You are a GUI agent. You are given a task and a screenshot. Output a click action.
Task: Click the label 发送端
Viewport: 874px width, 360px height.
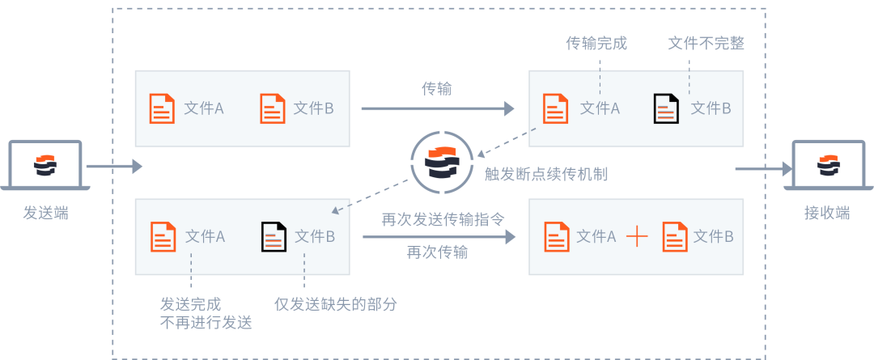45,213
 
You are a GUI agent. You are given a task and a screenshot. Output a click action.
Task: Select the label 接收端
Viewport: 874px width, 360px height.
827,213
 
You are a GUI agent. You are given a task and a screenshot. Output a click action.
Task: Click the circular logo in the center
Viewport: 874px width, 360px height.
442,162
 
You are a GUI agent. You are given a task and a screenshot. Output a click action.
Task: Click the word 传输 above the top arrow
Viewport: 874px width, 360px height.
437,88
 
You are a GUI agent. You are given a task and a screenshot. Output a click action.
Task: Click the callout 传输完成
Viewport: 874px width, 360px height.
596,44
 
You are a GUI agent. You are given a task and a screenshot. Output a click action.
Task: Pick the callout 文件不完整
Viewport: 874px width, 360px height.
706,44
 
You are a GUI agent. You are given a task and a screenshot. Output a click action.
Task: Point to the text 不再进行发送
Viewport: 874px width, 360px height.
206,323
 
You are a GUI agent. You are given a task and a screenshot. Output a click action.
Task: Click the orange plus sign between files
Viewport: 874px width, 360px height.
638,236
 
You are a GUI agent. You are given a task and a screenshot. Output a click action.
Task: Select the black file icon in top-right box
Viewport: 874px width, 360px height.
666,108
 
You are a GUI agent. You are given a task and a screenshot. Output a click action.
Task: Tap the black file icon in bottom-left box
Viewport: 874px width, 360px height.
274,236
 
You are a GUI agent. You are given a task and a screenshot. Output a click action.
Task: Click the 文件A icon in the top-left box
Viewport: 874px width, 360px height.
163,108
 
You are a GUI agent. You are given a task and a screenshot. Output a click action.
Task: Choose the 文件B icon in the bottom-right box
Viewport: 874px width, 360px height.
675,236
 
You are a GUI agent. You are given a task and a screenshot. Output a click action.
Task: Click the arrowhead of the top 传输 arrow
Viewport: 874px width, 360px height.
510,108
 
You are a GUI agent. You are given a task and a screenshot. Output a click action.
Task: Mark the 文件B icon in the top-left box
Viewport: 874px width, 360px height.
273,108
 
